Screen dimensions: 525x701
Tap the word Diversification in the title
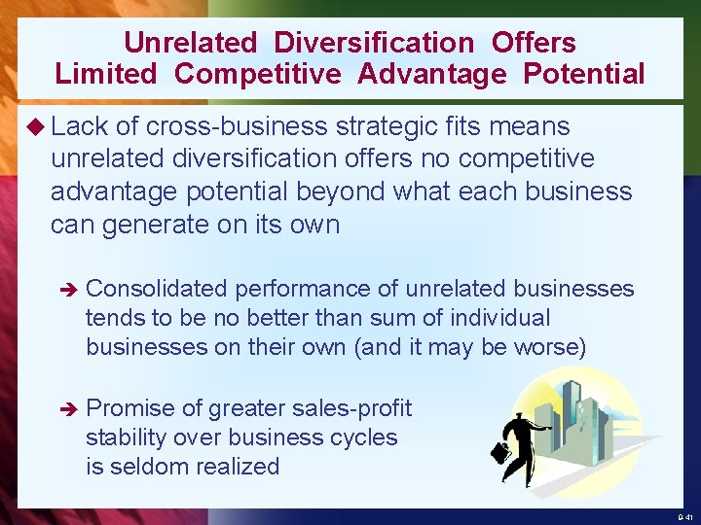pyautogui.click(x=374, y=43)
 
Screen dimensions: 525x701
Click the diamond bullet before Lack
pyautogui.click(x=38, y=127)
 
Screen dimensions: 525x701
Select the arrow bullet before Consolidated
pyautogui.click(x=66, y=290)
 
